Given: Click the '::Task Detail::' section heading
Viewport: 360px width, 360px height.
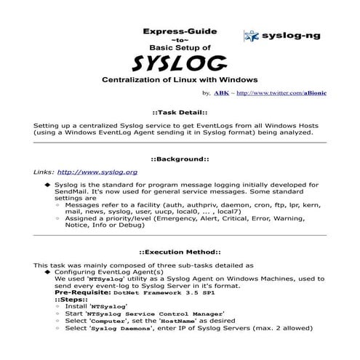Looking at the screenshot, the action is (180, 114).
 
